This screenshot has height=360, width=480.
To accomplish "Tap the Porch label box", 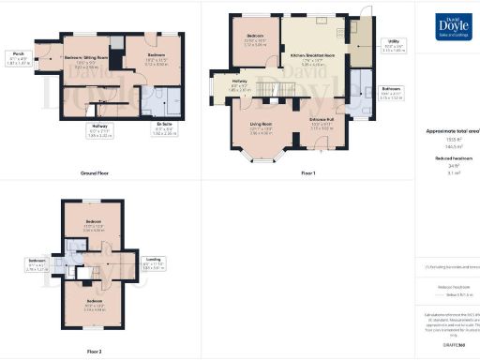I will tap(15, 56).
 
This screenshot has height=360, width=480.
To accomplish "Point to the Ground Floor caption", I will tap(98, 173).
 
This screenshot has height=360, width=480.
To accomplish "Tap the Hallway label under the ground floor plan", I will tap(99, 128).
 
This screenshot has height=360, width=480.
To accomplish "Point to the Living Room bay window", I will tap(256, 155).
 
